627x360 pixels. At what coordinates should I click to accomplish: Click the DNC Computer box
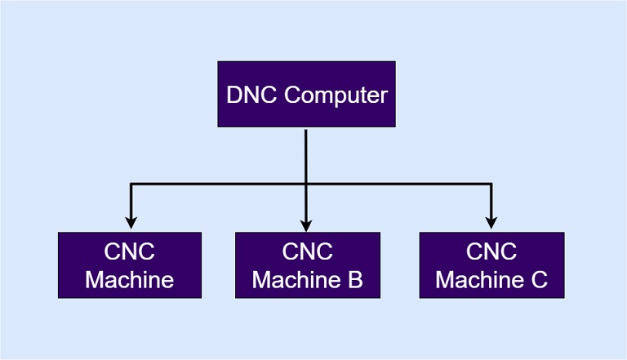307,95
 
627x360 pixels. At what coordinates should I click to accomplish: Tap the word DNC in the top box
251,95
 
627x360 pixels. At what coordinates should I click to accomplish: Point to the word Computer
336,96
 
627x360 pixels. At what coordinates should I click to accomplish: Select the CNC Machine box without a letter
130,264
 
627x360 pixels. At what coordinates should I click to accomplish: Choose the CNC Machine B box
308,264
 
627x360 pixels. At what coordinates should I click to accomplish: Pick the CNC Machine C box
491,264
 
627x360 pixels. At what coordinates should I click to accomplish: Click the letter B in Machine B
355,280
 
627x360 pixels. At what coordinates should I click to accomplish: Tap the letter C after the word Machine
540,280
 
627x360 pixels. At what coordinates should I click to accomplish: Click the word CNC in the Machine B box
308,251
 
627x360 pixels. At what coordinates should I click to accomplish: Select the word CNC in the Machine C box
491,251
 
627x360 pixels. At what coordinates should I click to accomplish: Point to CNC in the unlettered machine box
130,251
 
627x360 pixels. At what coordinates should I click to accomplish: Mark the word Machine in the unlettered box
130,280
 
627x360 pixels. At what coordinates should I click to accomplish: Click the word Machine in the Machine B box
296,280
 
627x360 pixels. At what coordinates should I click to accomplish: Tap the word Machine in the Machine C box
480,280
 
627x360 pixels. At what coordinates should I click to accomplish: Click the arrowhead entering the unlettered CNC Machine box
131,223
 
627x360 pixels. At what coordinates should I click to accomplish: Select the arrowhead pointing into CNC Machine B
306,225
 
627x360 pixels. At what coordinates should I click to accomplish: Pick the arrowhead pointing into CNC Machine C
491,223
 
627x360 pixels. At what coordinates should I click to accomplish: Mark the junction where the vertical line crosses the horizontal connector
306,184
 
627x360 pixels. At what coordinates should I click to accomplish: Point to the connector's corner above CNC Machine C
491,184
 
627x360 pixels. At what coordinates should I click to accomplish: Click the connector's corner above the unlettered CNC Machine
131,184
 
